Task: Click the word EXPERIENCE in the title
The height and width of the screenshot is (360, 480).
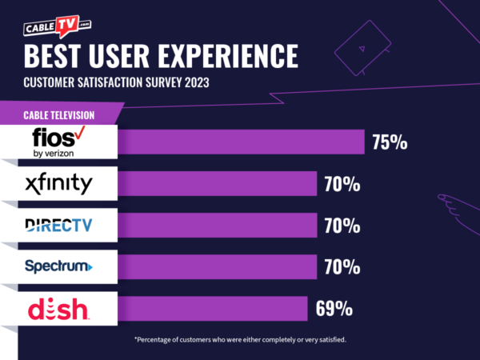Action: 217,57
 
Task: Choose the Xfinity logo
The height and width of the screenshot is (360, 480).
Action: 58,184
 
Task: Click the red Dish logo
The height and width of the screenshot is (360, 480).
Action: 58,308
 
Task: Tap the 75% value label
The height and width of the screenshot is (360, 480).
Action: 390,143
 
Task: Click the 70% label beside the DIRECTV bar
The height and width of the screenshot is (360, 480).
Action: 342,226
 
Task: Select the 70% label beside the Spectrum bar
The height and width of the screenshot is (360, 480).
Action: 342,267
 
